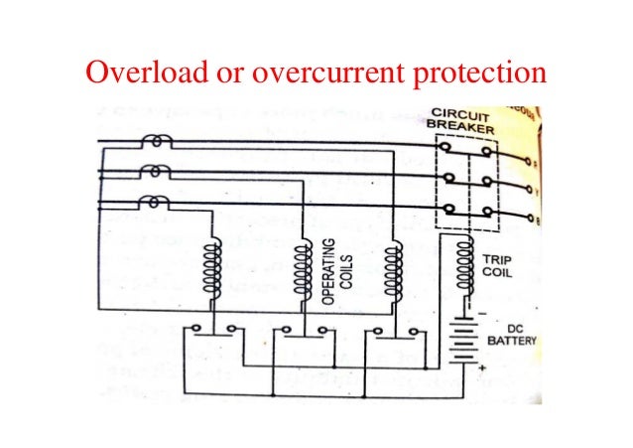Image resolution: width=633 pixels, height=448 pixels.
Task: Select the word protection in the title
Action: pyautogui.click(x=483, y=73)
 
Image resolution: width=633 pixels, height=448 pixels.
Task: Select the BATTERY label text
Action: pyautogui.click(x=512, y=341)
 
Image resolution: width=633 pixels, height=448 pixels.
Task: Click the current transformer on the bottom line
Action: pyautogui.click(x=151, y=203)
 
